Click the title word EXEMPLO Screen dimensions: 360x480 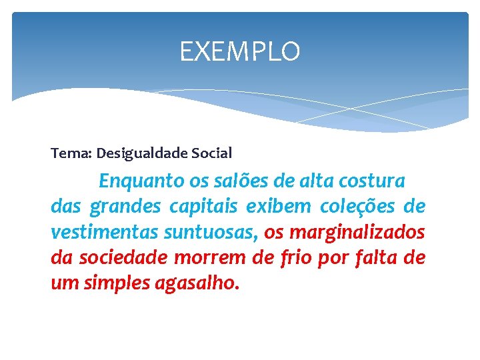click(x=240, y=51)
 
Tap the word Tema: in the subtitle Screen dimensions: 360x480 click(x=71, y=153)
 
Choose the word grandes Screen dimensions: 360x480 click(x=125, y=207)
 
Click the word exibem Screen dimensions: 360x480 click(x=278, y=207)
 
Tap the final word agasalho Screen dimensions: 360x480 click(x=197, y=284)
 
